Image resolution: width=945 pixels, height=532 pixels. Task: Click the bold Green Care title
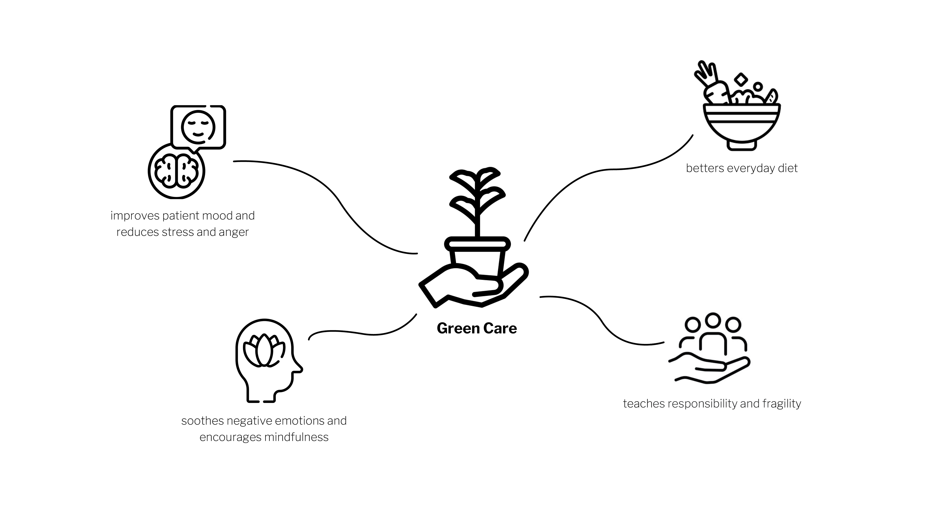476,328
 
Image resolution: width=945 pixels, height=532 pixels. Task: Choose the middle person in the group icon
712,334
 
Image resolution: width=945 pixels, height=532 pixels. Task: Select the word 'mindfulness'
296,437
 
